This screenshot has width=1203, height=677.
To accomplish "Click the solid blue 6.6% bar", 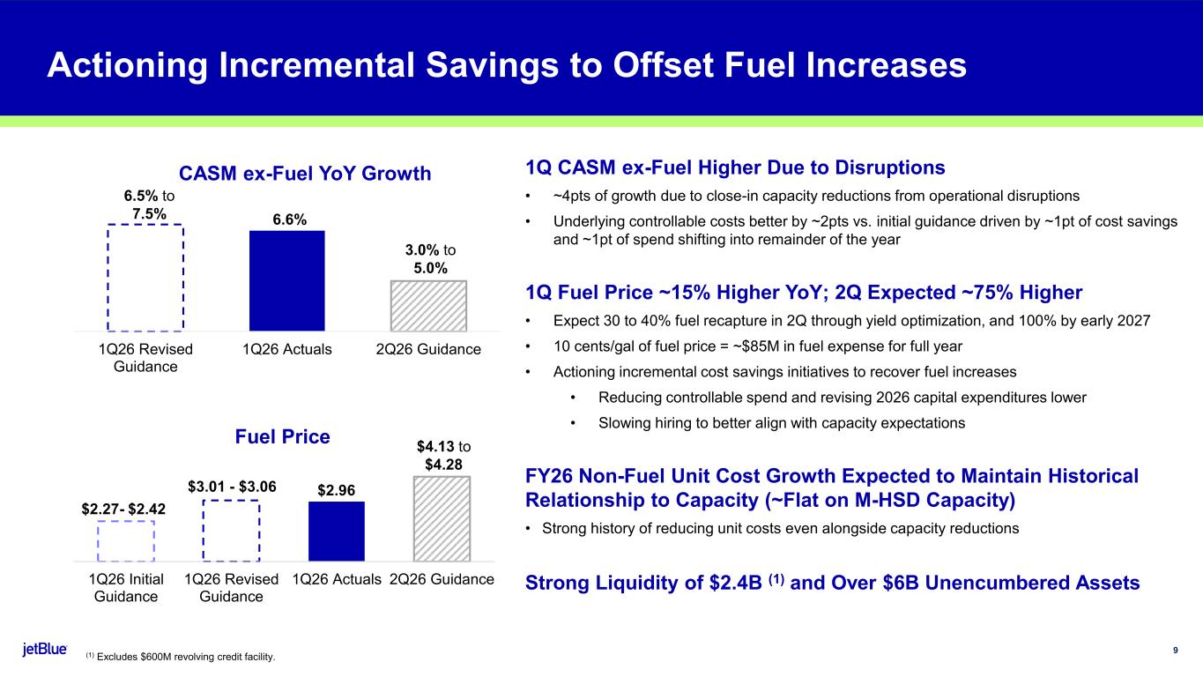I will [287, 280].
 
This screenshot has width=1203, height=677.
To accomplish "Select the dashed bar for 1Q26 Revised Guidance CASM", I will [145, 277].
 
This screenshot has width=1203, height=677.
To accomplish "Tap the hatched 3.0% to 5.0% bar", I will [428, 305].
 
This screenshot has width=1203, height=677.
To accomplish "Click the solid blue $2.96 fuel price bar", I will [336, 531].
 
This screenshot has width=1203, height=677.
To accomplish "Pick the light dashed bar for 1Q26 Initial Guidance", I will [126, 540].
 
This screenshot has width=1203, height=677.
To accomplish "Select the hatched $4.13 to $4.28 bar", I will [442, 518].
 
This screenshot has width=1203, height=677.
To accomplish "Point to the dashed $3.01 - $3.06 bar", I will [231, 530].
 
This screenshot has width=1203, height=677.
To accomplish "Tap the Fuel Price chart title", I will [282, 436].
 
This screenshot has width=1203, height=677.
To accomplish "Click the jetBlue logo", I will [45, 650].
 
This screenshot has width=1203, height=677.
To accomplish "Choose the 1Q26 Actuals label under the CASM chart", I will [287, 349].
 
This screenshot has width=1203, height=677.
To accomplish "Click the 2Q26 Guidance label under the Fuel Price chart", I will [442, 579].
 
